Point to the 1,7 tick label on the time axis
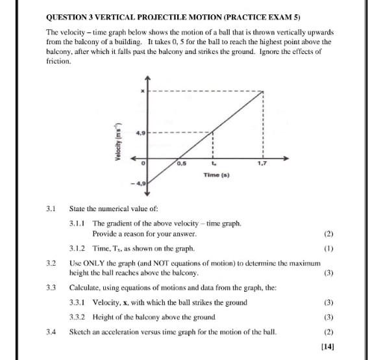click(262, 164)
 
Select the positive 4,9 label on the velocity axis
click(140, 133)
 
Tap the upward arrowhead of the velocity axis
click(149, 77)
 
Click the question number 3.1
click(52, 209)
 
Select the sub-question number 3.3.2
click(78, 316)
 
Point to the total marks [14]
click(327, 348)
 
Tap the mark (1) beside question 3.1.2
click(328, 248)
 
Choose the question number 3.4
click(52, 331)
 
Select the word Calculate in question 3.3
click(86, 287)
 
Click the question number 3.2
click(52, 263)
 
